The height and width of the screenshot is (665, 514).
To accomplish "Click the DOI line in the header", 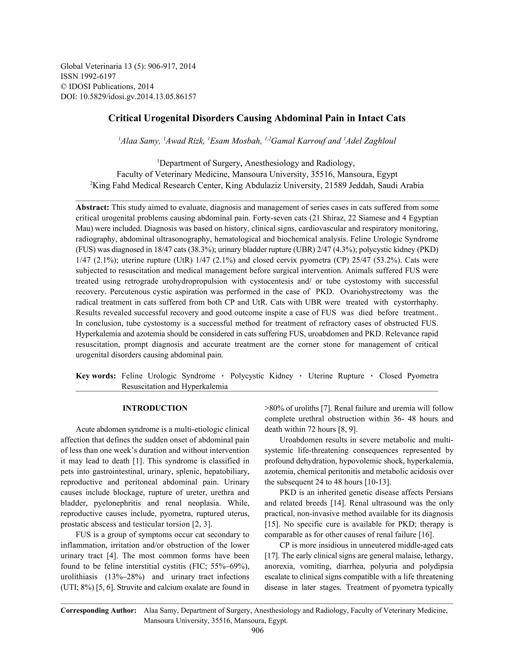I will (128, 97).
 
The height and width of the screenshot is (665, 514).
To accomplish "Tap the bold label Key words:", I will (96, 376).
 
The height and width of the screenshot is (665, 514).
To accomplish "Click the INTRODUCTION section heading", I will (155, 408).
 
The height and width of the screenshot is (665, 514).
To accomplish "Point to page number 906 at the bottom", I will (257, 631).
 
